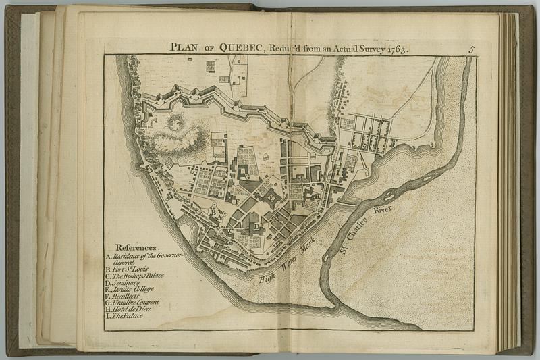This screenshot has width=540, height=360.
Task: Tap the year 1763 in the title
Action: (x=398, y=48)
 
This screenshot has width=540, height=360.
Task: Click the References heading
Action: (x=137, y=247)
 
